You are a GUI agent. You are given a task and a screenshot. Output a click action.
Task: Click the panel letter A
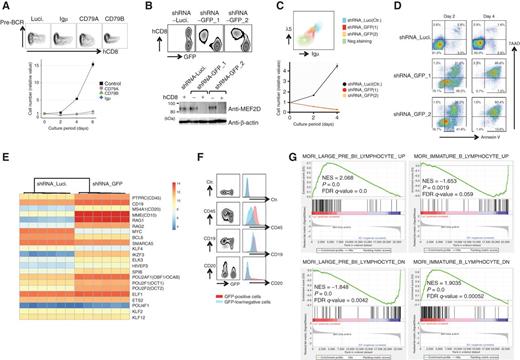click(7, 8)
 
